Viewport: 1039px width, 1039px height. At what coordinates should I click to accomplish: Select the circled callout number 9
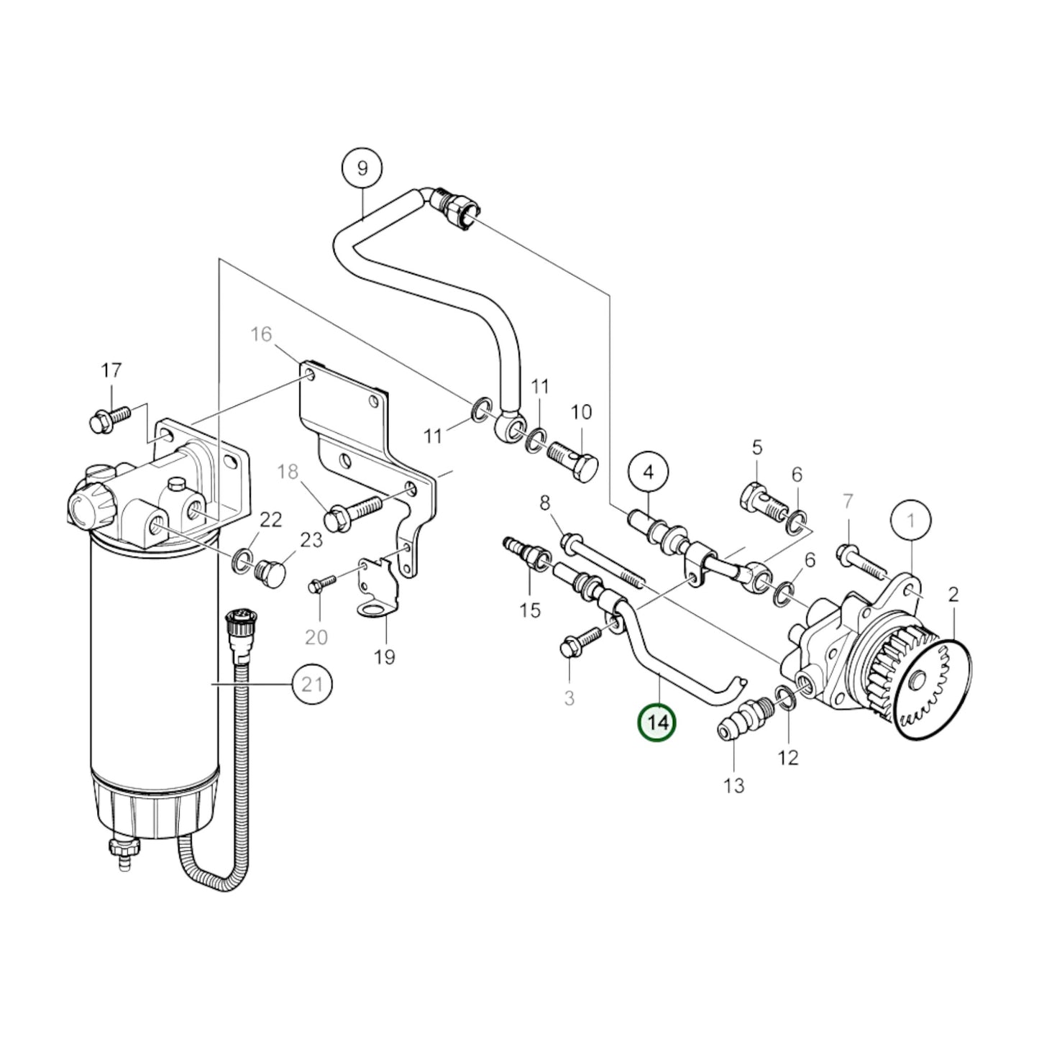pyautogui.click(x=362, y=168)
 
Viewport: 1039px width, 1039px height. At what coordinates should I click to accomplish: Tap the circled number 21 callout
pyautogui.click(x=312, y=685)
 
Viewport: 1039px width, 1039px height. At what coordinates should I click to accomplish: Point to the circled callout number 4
pyautogui.click(x=648, y=473)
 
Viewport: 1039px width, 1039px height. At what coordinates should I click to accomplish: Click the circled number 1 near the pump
pyautogui.click(x=910, y=518)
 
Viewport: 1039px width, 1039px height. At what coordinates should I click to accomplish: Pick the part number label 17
pyautogui.click(x=111, y=371)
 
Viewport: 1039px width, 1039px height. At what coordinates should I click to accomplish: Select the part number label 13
pyautogui.click(x=733, y=786)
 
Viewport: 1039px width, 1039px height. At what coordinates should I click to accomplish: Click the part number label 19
pyautogui.click(x=385, y=656)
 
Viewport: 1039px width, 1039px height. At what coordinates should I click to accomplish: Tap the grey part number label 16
pyautogui.click(x=262, y=334)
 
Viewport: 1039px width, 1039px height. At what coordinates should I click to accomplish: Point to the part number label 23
pyautogui.click(x=311, y=539)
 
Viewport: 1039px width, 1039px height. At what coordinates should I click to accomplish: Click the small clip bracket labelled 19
pyautogui.click(x=377, y=588)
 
